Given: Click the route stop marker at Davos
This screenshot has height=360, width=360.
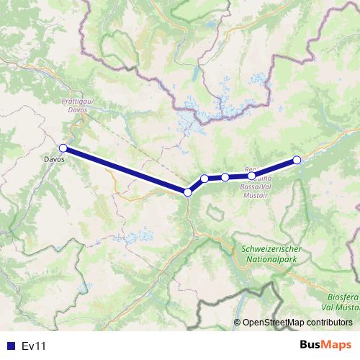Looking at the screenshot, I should pos(63,148).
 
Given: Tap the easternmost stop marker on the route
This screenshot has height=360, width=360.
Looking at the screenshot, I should pos(297,160).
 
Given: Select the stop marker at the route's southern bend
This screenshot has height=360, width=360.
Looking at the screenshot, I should pos(188,192).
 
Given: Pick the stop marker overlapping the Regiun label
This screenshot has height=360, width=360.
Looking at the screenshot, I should pos(251,176).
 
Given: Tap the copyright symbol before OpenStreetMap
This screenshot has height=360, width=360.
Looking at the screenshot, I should pos(238,323).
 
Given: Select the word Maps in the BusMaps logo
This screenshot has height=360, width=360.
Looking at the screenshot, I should pos(336,345).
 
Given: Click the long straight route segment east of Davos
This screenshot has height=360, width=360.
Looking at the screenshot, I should pos(125,170).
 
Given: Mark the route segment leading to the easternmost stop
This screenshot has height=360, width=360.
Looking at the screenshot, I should pos(274,168).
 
